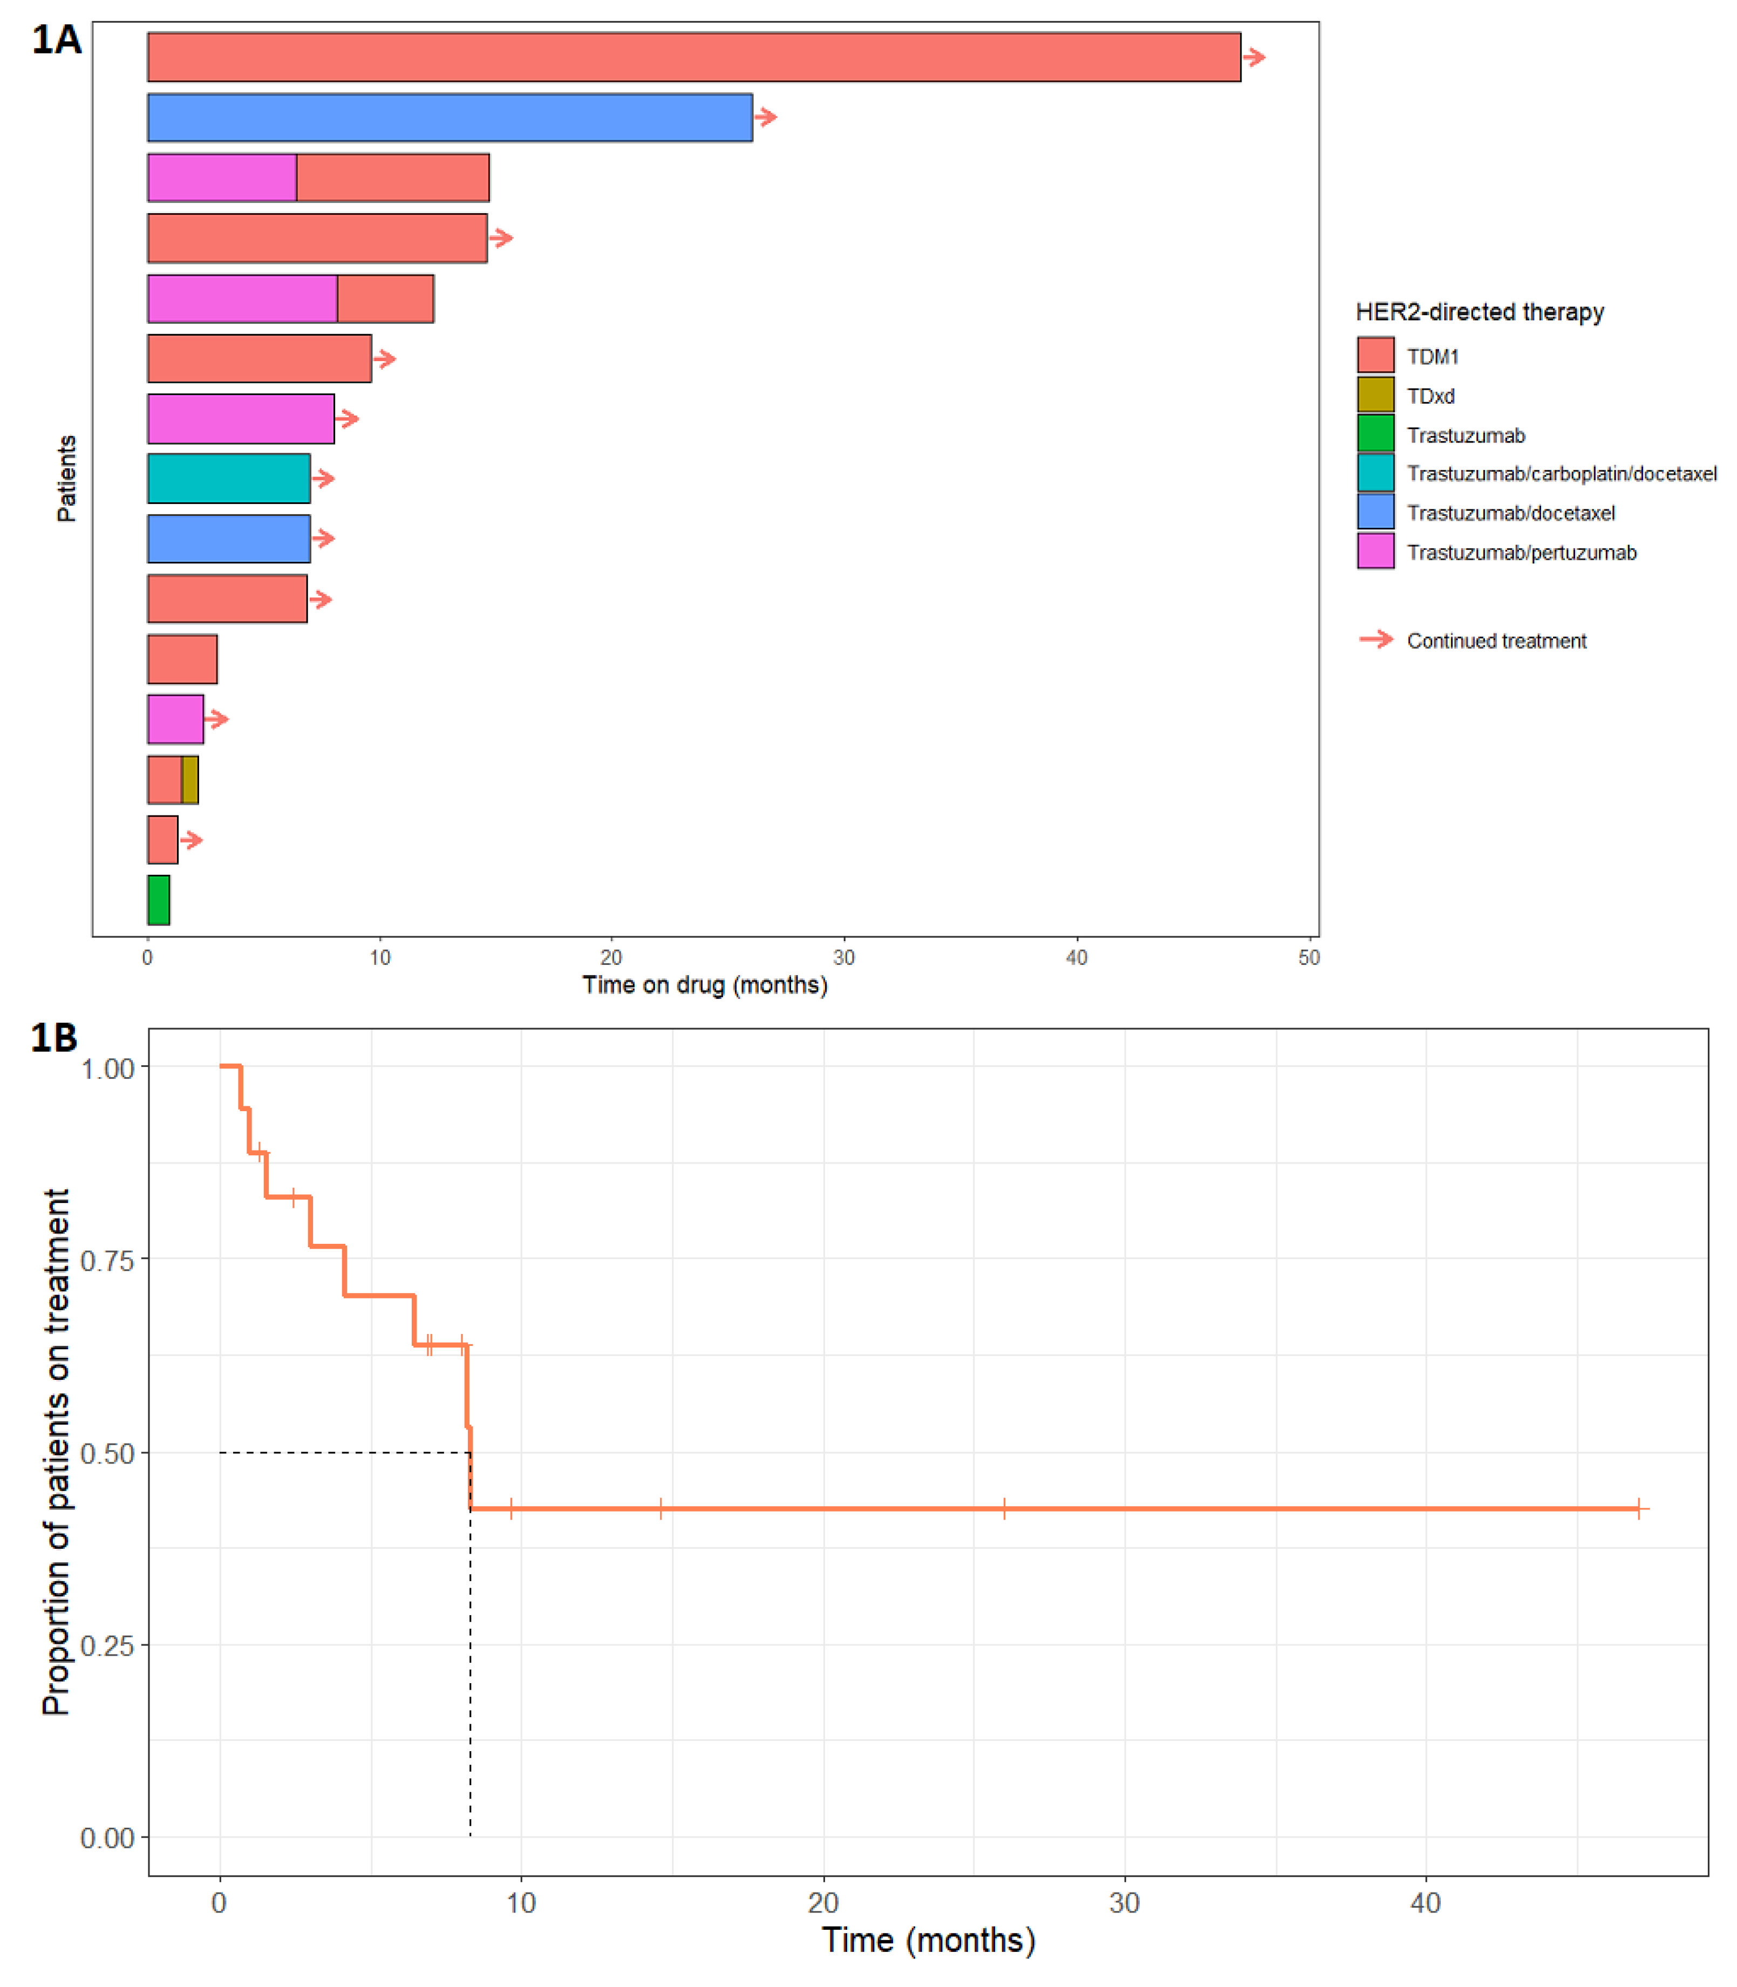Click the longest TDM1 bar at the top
point(693,57)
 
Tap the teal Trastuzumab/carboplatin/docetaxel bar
point(229,478)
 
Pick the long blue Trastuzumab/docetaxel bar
point(449,117)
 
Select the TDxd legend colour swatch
point(1375,394)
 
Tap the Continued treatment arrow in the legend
point(1375,639)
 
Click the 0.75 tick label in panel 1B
point(107,1260)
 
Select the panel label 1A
point(56,40)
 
